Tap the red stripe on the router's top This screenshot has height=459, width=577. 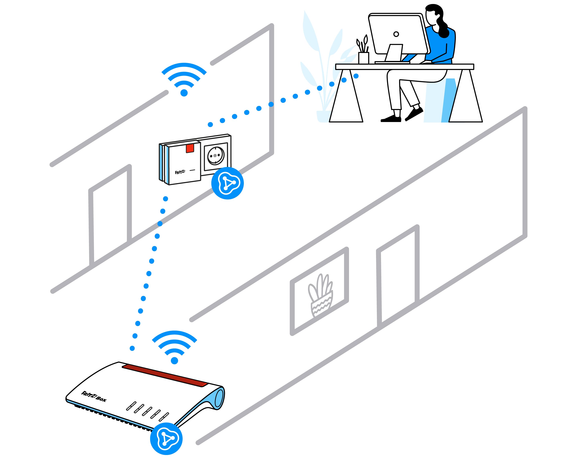(165, 375)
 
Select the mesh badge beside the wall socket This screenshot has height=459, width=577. (227, 183)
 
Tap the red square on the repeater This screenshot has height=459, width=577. (190, 148)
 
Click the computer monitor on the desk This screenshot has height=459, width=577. (399, 37)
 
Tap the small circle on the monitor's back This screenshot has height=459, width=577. (396, 34)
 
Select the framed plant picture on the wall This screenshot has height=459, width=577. (319, 291)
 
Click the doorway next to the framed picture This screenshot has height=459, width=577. (398, 276)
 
